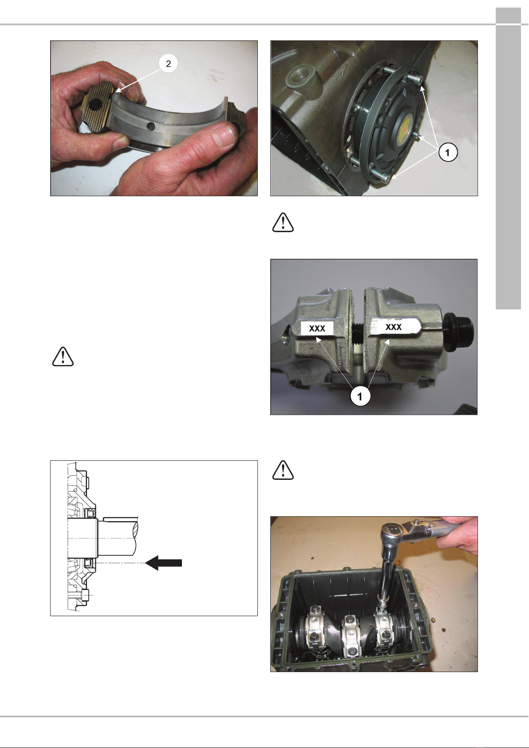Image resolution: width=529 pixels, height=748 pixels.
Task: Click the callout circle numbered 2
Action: (168, 63)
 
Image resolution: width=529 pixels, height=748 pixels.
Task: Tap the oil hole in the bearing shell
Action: (151, 126)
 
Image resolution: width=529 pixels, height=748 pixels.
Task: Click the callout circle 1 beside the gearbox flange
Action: (447, 152)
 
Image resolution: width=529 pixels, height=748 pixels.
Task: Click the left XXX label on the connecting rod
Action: (317, 328)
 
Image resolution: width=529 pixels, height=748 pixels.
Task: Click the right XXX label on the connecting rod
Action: (394, 327)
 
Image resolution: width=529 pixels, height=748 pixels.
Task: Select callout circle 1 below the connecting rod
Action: (360, 397)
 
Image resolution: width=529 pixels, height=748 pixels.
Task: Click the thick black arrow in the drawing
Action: (164, 563)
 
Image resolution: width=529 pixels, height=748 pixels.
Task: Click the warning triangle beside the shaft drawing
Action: (63, 356)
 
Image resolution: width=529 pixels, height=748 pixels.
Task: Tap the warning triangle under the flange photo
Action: (283, 222)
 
